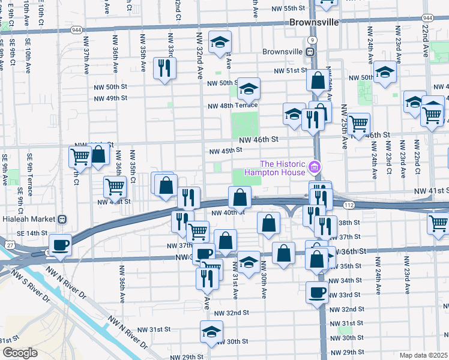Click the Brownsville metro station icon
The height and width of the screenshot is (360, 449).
coord(310,52)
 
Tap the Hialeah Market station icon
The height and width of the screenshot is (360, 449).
coord(61,220)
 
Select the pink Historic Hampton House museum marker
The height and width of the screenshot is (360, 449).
coord(313,166)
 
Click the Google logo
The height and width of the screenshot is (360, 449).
coord(20,353)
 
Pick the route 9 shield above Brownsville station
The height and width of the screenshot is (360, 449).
coord(310,40)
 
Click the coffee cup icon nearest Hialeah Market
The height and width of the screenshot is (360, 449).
coord(60,244)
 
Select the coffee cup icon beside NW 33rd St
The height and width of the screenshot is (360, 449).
coord(317,292)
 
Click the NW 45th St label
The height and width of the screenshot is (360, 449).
coord(224,151)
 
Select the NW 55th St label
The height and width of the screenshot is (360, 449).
coord(288,8)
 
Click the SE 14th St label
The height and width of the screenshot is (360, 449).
coord(32,233)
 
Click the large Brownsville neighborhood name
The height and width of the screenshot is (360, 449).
coord(314,22)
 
